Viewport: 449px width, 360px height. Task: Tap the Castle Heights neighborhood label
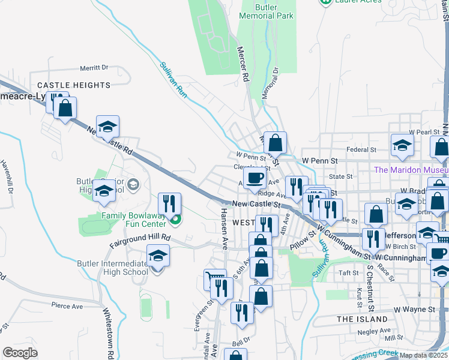[74, 85]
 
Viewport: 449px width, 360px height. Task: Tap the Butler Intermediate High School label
[112, 268]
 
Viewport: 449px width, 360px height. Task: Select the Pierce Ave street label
[67, 306]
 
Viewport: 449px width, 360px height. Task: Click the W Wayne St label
[414, 310]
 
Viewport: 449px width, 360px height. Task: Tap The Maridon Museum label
[411, 170]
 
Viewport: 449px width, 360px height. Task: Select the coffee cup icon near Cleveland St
[255, 178]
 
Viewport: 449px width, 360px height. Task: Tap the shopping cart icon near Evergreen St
[213, 279]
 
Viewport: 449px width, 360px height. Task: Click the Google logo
[20, 352]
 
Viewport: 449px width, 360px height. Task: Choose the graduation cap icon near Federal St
[402, 145]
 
